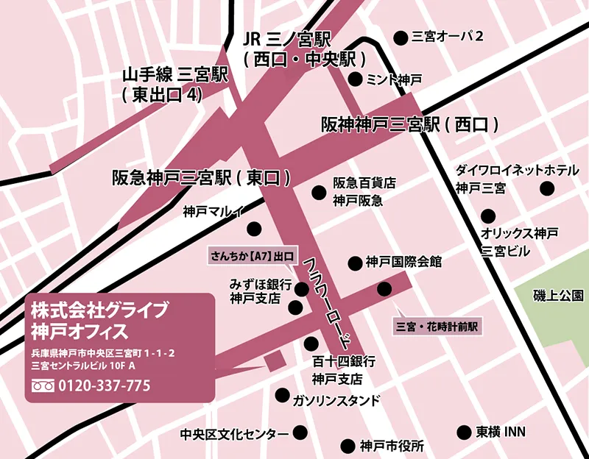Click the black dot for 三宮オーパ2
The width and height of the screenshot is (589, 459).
click(401, 37)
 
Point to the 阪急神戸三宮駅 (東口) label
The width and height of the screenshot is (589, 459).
click(201, 177)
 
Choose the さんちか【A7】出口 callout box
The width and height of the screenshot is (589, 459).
click(253, 257)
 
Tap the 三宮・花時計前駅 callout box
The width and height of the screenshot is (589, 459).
click(437, 325)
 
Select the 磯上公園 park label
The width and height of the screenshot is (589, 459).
click(559, 296)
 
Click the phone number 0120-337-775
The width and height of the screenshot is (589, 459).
click(104, 385)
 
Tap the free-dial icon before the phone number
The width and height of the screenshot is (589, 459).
click(43, 385)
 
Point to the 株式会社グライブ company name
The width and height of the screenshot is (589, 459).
click(99, 307)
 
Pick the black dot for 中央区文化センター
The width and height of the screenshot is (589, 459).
click(300, 433)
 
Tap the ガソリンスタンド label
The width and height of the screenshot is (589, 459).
click(336, 400)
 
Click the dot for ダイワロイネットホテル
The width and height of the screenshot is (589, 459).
click(547, 189)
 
